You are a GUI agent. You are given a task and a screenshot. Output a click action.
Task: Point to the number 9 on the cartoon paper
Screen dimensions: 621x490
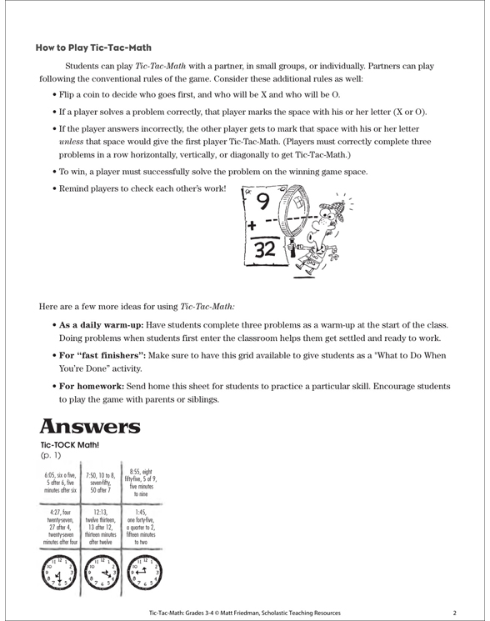click(x=262, y=203)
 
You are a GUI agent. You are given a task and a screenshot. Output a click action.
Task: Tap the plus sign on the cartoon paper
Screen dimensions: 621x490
click(x=247, y=225)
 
